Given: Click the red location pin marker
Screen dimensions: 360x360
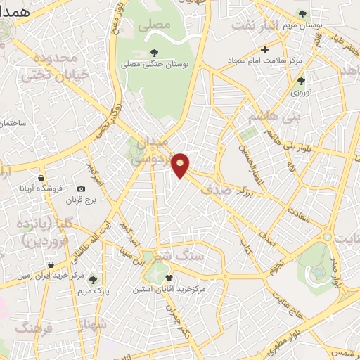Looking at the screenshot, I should click(181, 165).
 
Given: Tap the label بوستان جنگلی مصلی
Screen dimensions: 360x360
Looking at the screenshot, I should click(153, 65).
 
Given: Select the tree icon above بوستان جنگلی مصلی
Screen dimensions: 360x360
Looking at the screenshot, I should click(153, 53).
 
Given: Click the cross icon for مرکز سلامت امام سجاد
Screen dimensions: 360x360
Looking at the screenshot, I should click(264, 49).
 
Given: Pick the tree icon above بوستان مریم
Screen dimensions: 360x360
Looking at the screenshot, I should click(302, 14).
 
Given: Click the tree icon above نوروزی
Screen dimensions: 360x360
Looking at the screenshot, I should click(301, 81).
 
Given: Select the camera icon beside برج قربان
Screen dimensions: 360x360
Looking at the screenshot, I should click(81, 189).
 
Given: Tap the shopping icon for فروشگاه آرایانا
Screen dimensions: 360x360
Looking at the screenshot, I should click(42, 178).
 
